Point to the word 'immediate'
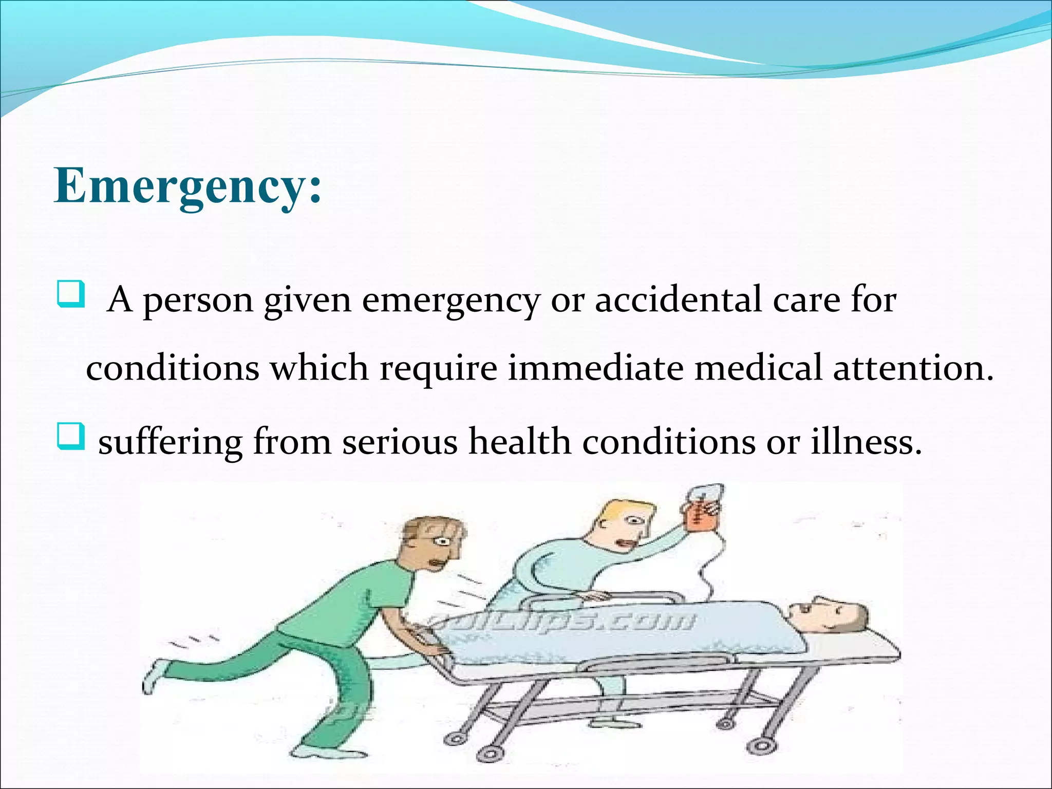click(x=595, y=368)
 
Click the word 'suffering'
click(x=170, y=442)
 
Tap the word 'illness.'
click(x=867, y=441)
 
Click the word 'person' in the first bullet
click(x=198, y=300)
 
